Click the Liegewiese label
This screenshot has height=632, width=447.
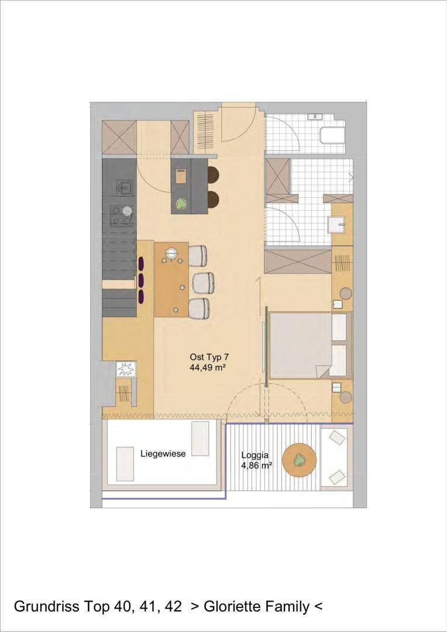pyautogui.click(x=163, y=454)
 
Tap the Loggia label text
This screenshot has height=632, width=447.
pyautogui.click(x=255, y=455)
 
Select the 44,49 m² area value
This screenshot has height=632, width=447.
pyautogui.click(x=207, y=367)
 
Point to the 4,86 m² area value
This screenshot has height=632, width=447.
pyautogui.click(x=256, y=465)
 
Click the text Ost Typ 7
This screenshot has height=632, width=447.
pyautogui.click(x=209, y=357)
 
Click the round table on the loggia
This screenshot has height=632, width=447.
pyautogui.click(x=298, y=461)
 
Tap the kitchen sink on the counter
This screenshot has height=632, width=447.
pyautogui.click(x=123, y=187)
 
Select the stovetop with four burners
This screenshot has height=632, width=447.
pyautogui.click(x=122, y=215)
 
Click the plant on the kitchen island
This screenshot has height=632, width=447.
pyautogui.click(x=181, y=204)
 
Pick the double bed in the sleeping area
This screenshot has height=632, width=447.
pyautogui.click(x=310, y=345)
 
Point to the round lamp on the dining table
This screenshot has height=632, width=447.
pyautogui.click(x=172, y=253)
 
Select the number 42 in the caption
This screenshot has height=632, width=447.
pyautogui.click(x=173, y=607)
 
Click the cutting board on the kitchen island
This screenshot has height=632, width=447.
pyautogui.click(x=181, y=177)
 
